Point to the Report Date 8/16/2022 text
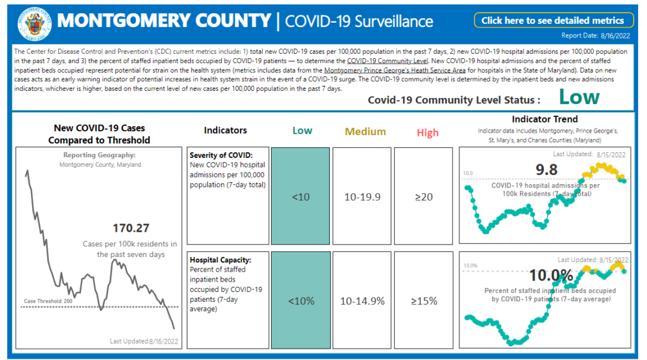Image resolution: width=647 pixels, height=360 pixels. [597, 36]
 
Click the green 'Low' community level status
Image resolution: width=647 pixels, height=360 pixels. [579, 97]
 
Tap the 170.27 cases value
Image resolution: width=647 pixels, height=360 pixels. [131, 228]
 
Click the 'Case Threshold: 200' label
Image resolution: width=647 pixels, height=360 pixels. [49, 301]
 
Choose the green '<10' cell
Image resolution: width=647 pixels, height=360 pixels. [301, 197]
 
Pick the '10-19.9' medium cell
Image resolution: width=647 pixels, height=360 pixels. [362, 197]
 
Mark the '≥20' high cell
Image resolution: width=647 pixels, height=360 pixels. [423, 197]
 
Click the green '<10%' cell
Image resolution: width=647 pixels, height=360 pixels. [301, 301]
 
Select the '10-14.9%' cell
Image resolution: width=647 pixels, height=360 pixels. [362, 301]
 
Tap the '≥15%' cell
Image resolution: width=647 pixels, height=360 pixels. [423, 301]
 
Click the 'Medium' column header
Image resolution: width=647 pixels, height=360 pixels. [365, 131]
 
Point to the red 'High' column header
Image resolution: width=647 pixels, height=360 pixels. [428, 133]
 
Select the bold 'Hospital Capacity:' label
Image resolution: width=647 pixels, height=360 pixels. [219, 260]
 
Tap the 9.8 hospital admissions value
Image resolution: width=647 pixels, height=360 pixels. [547, 169]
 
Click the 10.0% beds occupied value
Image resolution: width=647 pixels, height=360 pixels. [552, 275]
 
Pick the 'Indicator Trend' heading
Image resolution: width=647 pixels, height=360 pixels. [545, 119]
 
